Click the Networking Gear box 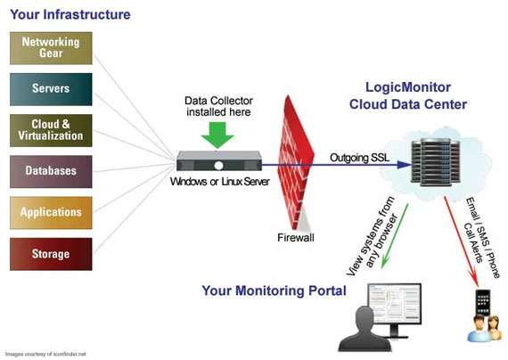51,48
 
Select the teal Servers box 51,89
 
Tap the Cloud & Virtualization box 51,130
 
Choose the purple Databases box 51,170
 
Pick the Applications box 51,212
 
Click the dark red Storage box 51,253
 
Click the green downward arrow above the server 217,135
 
